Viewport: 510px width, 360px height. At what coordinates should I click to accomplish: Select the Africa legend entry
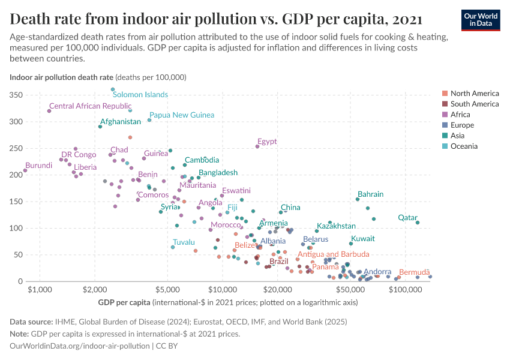pyautogui.click(x=461, y=115)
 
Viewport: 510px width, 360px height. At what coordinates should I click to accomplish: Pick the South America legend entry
pyautogui.click(x=474, y=104)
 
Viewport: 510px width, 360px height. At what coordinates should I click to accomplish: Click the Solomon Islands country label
pyautogui.click(x=140, y=95)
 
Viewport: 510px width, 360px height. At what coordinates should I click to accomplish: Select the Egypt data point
pyautogui.click(x=257, y=146)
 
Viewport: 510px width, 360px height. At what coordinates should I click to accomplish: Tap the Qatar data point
pyautogui.click(x=418, y=223)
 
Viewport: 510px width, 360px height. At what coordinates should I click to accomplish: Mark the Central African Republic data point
pyautogui.click(x=49, y=111)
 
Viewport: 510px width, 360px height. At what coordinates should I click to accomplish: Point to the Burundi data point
pyautogui.click(x=25, y=170)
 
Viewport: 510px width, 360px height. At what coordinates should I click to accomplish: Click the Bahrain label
pyautogui.click(x=370, y=194)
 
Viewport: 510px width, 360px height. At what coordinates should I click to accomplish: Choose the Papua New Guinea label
pyautogui.click(x=182, y=115)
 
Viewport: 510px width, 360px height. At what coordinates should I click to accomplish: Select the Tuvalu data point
pyautogui.click(x=173, y=247)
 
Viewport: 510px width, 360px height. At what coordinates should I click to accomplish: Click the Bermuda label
pyautogui.click(x=414, y=272)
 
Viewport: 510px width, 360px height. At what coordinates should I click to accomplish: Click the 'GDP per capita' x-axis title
pyautogui.click(x=124, y=302)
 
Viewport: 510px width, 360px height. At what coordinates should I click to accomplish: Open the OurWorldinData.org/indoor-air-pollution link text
pyautogui.click(x=80, y=346)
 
